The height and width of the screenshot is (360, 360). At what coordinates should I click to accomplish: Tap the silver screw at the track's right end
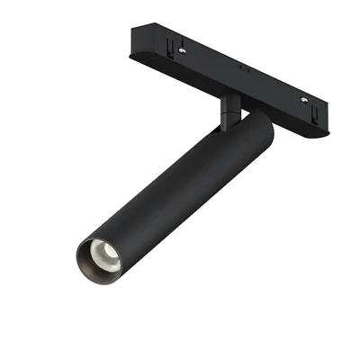pos(303,99)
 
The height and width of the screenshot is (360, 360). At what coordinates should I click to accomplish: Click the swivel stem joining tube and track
pos(228,108)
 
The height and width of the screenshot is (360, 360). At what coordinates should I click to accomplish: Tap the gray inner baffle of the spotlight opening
pos(92,262)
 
